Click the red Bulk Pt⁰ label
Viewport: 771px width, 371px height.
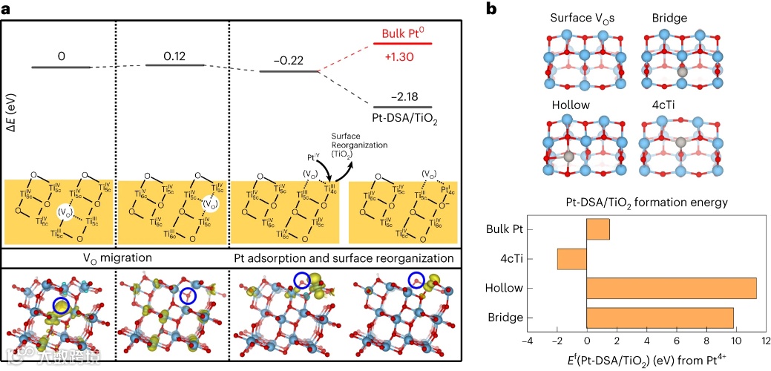pos(404,33)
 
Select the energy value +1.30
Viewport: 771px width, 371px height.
pos(404,54)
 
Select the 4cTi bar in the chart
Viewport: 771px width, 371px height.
pos(571,259)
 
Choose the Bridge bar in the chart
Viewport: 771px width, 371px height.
pos(660,318)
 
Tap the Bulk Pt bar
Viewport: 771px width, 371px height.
pos(597,229)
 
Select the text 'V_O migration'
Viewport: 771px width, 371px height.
pos(118,259)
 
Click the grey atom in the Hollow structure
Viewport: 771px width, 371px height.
pos(567,157)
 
